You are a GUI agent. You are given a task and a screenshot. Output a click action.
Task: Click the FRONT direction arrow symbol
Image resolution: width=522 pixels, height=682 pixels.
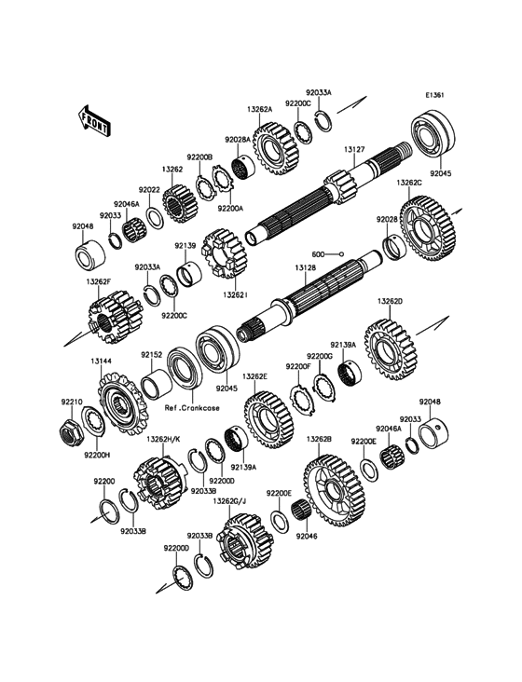94,119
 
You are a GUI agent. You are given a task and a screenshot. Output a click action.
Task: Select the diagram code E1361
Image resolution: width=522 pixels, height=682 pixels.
435,94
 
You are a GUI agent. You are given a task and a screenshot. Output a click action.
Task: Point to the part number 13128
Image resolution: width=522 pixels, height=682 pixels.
308,266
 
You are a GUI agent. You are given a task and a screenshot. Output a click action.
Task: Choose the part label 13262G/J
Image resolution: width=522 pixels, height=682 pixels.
228,500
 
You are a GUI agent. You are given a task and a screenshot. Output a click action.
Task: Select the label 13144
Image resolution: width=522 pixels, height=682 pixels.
102,361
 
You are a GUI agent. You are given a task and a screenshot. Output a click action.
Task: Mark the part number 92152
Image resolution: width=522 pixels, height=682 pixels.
151,354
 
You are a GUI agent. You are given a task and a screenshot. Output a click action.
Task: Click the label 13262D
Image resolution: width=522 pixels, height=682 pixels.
390,301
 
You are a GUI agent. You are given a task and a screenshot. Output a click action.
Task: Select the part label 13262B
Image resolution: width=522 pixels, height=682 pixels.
319,438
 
